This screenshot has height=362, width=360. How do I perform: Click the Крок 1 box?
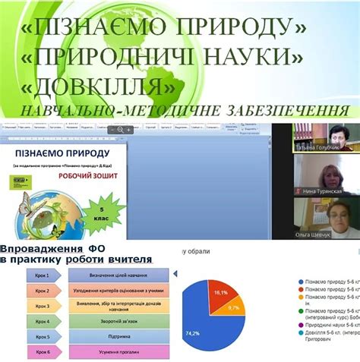[x=43, y=275]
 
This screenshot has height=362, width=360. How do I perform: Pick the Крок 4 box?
[x=43, y=322]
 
